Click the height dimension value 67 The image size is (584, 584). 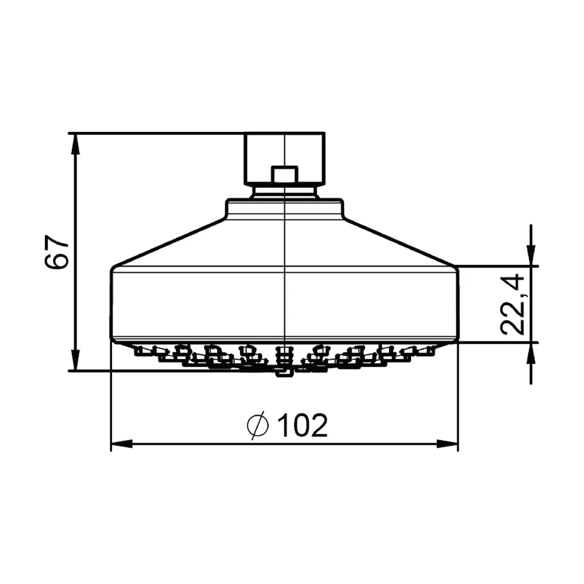(57, 251)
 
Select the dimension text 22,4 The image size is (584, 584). (512, 304)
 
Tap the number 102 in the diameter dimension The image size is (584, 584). (303, 425)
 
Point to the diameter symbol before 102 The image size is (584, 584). (258, 425)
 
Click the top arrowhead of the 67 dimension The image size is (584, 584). (75, 144)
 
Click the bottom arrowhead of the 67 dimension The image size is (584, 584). (75, 360)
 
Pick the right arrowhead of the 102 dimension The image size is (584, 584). (447, 444)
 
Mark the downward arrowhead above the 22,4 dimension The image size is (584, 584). (531, 256)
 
